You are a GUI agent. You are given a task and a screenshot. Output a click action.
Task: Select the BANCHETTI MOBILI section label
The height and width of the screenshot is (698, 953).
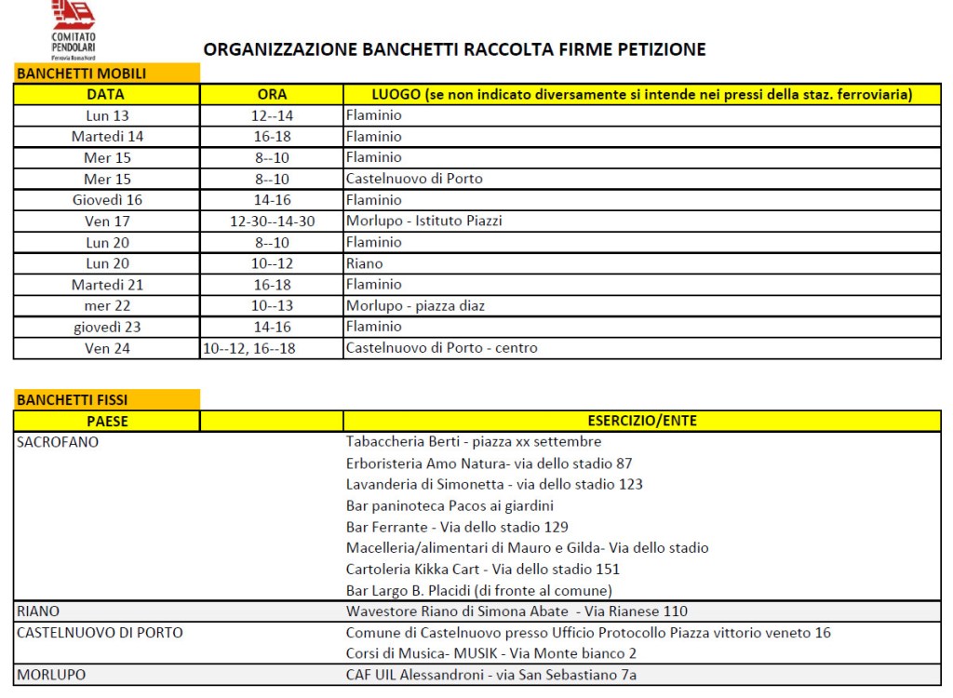(x=81, y=74)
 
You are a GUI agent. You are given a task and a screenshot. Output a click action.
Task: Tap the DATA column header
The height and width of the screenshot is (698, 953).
(x=106, y=94)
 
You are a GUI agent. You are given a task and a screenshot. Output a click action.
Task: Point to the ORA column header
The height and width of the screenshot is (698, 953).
(x=272, y=94)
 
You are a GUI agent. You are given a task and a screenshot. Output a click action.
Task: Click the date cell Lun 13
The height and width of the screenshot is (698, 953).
(x=107, y=115)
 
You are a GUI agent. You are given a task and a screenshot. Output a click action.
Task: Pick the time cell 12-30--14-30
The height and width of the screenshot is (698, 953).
(x=272, y=221)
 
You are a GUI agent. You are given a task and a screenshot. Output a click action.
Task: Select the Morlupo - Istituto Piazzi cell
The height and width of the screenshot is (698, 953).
(x=425, y=221)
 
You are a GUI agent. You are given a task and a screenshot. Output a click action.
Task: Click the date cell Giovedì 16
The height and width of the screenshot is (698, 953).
(x=107, y=200)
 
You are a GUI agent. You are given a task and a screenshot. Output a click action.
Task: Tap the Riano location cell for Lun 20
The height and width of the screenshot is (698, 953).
(x=364, y=263)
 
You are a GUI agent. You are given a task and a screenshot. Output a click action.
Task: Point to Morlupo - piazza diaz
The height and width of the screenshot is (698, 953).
(x=415, y=305)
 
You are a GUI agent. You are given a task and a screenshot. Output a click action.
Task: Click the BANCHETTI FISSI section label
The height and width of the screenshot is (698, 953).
(x=73, y=400)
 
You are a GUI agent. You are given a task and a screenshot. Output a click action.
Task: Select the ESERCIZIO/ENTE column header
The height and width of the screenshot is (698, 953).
(x=642, y=421)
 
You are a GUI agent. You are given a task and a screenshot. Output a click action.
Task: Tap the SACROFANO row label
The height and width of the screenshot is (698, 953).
(x=58, y=442)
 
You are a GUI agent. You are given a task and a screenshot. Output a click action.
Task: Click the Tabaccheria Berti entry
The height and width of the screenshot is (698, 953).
(x=473, y=442)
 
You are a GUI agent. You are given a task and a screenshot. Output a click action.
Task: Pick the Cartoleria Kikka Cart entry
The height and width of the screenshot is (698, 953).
(x=482, y=569)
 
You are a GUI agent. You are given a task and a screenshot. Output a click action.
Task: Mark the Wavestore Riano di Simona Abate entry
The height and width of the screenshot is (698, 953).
(x=517, y=611)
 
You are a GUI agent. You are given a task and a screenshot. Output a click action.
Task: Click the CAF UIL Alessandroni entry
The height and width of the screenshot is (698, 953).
(x=491, y=675)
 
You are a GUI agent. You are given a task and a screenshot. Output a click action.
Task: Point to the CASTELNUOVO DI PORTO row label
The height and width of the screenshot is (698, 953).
(x=100, y=633)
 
